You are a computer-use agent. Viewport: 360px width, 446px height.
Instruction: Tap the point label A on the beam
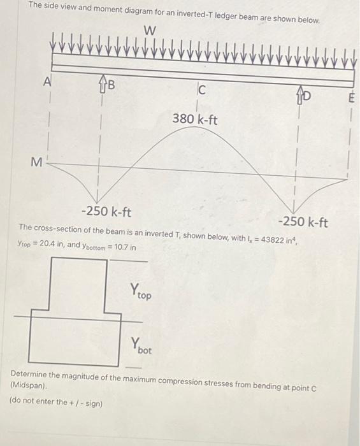click(x=47, y=82)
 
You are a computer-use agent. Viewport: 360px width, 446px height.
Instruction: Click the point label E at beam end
click(x=349, y=99)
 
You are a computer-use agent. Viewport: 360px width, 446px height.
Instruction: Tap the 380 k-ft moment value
click(x=195, y=119)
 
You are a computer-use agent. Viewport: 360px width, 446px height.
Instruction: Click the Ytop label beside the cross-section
click(x=141, y=292)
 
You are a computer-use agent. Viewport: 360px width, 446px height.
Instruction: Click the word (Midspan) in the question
click(x=29, y=387)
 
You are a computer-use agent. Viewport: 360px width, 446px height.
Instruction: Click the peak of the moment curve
click(x=196, y=126)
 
